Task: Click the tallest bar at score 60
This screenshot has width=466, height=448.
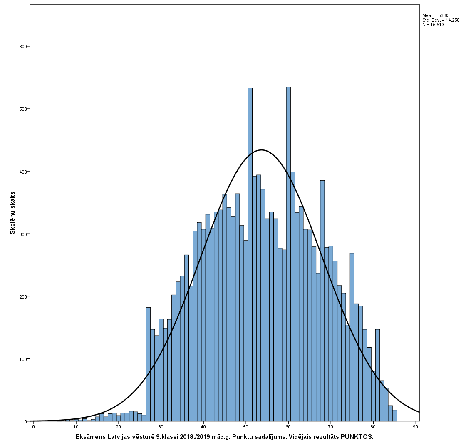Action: coord(288,254)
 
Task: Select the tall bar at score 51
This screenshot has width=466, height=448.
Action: coord(250,254)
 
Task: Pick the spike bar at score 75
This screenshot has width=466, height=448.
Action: coord(352,337)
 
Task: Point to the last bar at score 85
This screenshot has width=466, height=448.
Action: coord(394,416)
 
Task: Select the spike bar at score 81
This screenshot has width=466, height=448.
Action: coord(377,375)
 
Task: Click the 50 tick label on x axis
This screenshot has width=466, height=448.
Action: coord(246,427)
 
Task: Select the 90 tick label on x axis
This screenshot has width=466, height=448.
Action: coord(416,427)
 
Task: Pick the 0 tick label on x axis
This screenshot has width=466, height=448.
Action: coord(34,427)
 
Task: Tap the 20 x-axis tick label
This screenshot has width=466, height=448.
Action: coord(119,427)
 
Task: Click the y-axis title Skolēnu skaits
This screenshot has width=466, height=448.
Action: coord(12,213)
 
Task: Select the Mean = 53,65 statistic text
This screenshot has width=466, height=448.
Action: coord(436,15)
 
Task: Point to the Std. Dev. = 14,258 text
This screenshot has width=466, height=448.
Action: coord(441,20)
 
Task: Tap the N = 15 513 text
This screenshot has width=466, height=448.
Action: coord(433,25)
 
